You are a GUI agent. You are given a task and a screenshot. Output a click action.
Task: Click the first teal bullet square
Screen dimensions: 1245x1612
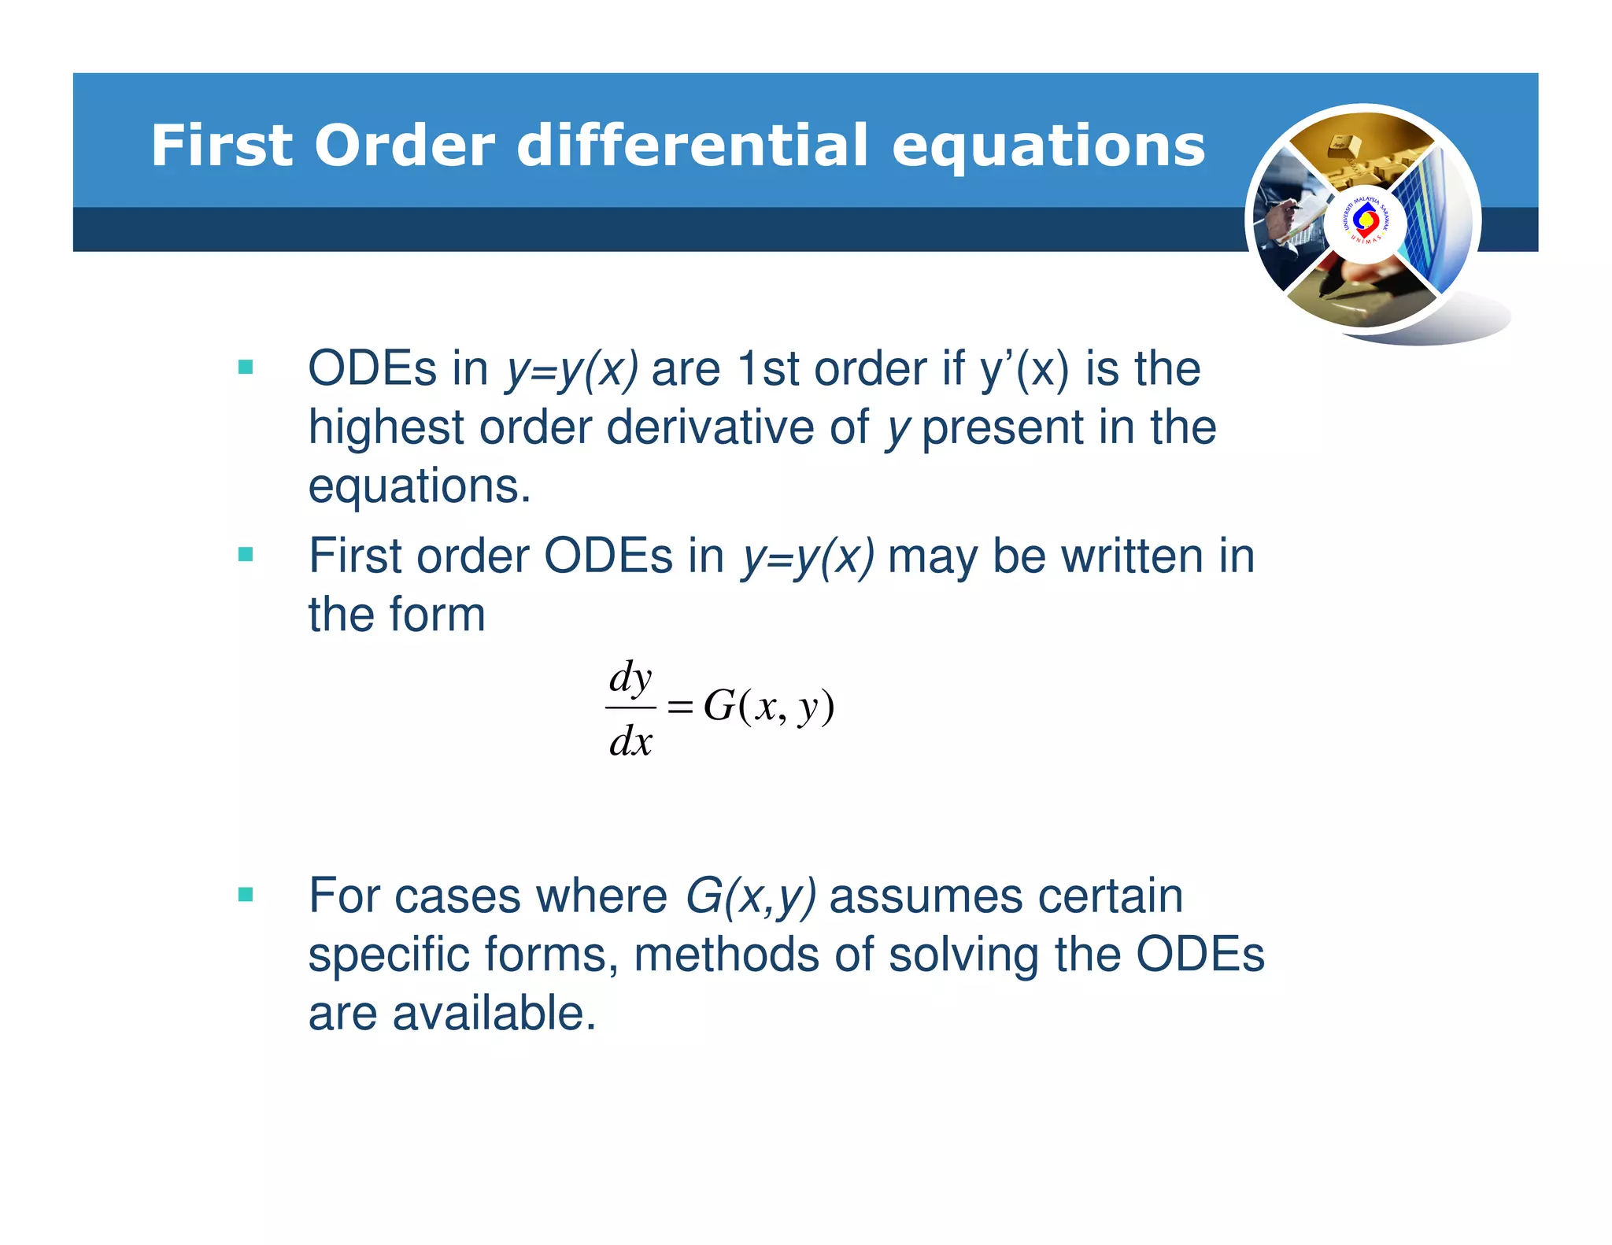tap(246, 367)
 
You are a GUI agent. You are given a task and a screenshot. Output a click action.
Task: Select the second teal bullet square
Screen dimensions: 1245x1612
tap(246, 555)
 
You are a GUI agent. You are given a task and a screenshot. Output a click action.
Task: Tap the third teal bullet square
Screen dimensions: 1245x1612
tap(246, 894)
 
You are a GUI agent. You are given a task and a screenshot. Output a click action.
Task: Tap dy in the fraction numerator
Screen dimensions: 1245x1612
tap(630, 678)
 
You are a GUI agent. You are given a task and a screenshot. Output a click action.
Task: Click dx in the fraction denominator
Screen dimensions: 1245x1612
tap(630, 741)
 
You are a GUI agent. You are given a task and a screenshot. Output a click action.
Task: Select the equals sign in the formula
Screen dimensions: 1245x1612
tap(679, 707)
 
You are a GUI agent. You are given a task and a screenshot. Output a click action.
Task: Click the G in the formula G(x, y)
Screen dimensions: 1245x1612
tap(719, 705)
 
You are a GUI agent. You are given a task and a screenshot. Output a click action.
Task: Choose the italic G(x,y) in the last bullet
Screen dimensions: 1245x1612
tap(750, 896)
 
